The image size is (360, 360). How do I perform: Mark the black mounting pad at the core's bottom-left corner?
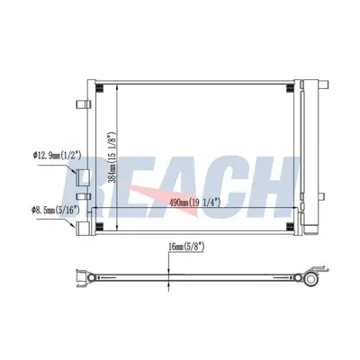(x=99, y=225)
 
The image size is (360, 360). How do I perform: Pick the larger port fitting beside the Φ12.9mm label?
(x=82, y=176)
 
